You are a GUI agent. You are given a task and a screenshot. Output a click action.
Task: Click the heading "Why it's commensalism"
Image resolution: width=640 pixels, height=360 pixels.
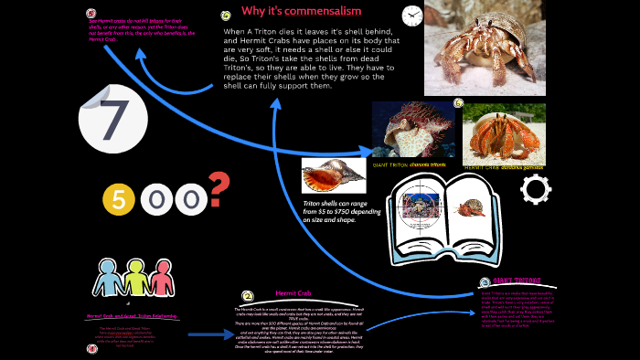(301, 11)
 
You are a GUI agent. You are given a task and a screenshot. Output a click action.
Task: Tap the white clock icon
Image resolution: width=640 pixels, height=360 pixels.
(411, 16)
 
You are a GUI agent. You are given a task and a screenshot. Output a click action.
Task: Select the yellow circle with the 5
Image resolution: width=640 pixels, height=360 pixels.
(120, 197)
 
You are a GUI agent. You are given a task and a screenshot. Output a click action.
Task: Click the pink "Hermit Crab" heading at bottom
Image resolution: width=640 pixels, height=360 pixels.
(293, 293)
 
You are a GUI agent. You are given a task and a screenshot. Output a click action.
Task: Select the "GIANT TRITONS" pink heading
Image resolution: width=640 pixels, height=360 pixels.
(513, 282)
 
